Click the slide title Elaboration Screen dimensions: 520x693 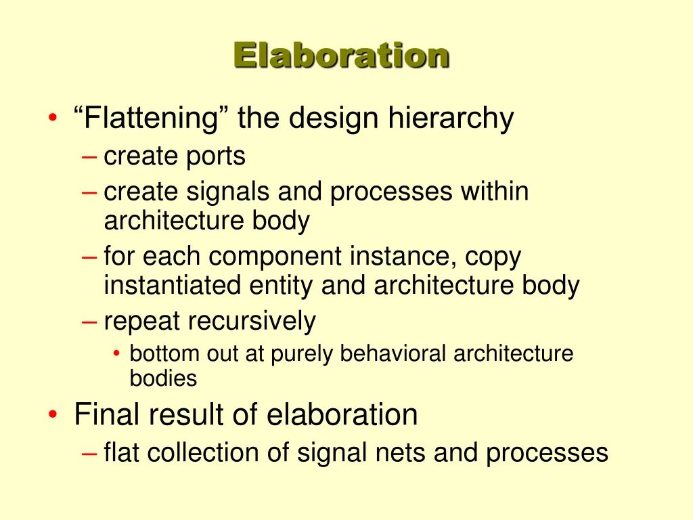[341, 56]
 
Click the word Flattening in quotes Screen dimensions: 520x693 [150, 119]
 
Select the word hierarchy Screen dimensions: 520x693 [451, 119]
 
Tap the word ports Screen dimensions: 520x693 [215, 156]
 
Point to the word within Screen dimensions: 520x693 [495, 192]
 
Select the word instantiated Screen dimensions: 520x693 [172, 286]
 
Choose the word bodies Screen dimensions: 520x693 [163, 378]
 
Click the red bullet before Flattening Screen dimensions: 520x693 [53, 121]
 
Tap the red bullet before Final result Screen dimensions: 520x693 [53, 415]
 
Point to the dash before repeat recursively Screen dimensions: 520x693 [88, 321]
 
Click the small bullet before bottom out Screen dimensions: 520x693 [117, 354]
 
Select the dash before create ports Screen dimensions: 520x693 [88, 156]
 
